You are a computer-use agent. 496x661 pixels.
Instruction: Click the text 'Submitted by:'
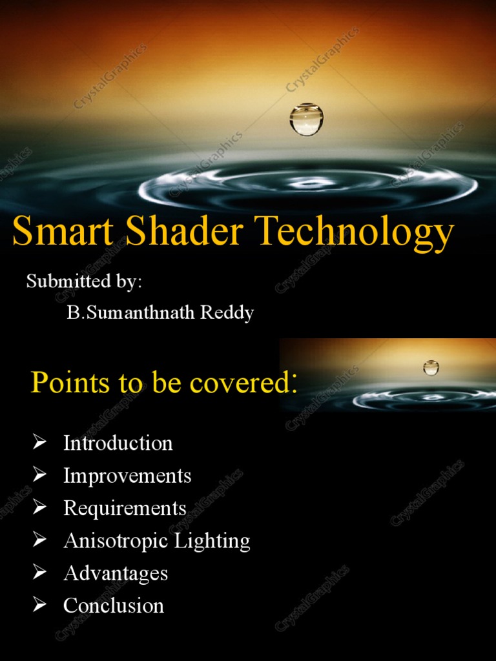84,281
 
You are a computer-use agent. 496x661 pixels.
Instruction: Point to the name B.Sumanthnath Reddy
160,313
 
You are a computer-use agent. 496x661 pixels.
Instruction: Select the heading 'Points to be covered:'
164,383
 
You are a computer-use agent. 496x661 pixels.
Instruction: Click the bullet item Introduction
118,443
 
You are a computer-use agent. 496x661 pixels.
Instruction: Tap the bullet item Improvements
127,476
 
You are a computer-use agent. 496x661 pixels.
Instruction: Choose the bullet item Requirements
125,509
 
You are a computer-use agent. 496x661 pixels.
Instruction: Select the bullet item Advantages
116,574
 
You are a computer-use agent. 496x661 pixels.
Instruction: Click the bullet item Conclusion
114,606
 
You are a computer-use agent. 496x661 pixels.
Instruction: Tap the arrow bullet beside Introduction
40,443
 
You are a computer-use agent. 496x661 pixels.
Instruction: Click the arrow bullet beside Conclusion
40,605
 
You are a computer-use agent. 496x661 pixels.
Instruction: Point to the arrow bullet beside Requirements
40,508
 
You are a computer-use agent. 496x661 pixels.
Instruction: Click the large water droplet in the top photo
306,119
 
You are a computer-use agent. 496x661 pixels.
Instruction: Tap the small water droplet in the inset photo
431,368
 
